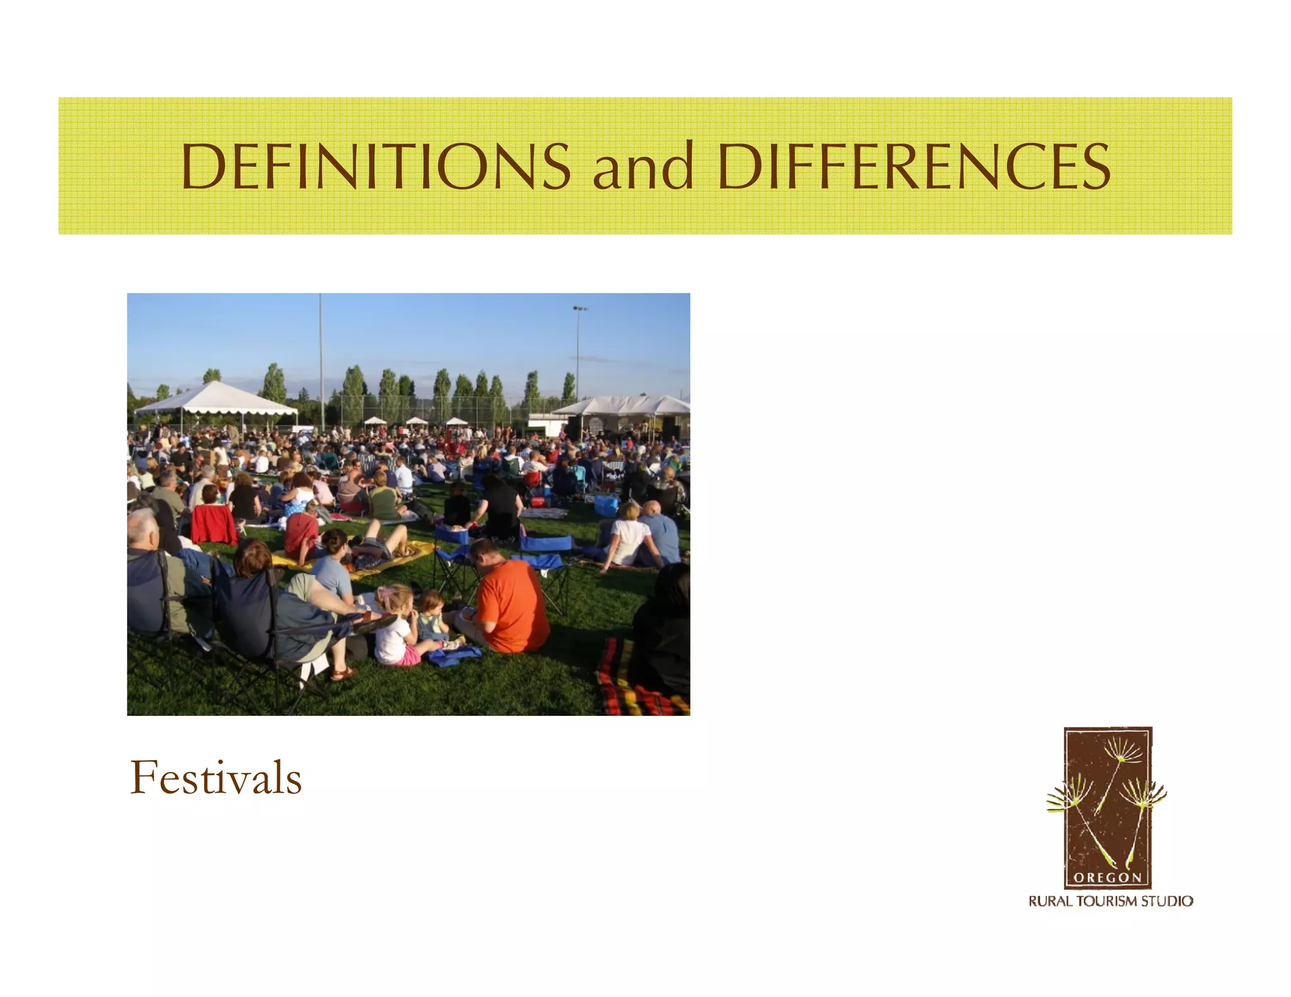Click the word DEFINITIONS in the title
tap(376, 166)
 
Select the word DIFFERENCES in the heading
tap(913, 166)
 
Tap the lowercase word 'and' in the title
tap(643, 166)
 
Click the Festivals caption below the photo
tap(216, 778)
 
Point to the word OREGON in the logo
tap(1108, 878)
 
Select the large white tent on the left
tap(216, 399)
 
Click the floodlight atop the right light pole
tap(580, 309)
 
